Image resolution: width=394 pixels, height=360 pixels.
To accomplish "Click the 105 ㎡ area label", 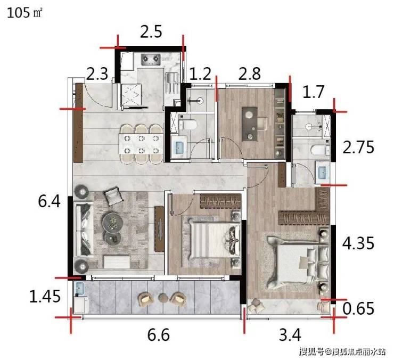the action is (24, 13).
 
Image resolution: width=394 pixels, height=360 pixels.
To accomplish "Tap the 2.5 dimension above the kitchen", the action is (151, 31).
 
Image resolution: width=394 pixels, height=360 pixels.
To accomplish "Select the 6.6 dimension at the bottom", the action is (158, 334).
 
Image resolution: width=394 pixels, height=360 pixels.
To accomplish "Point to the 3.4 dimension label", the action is (290, 334).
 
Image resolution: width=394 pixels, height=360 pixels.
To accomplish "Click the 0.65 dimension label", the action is (358, 308).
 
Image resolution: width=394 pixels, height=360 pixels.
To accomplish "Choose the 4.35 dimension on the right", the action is (358, 243).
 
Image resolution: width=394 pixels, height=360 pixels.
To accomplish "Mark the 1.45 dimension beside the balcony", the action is (45, 296).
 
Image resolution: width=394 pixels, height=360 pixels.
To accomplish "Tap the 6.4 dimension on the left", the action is (49, 201).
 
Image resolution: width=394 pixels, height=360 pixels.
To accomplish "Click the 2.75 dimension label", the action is (358, 147).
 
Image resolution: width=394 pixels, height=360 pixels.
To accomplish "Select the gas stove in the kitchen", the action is (151, 60).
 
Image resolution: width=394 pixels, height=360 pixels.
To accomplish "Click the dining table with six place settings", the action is (141, 144).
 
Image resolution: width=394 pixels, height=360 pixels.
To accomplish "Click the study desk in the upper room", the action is (250, 124).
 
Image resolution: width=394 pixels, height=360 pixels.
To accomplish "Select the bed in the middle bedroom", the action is (213, 241).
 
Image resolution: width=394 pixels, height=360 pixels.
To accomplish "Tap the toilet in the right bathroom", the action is (320, 150).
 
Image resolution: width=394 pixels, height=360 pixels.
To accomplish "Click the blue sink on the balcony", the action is (79, 288).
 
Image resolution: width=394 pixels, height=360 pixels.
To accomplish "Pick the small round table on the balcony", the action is (163, 298).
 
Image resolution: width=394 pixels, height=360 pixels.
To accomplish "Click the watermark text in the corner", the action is (342, 351).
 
